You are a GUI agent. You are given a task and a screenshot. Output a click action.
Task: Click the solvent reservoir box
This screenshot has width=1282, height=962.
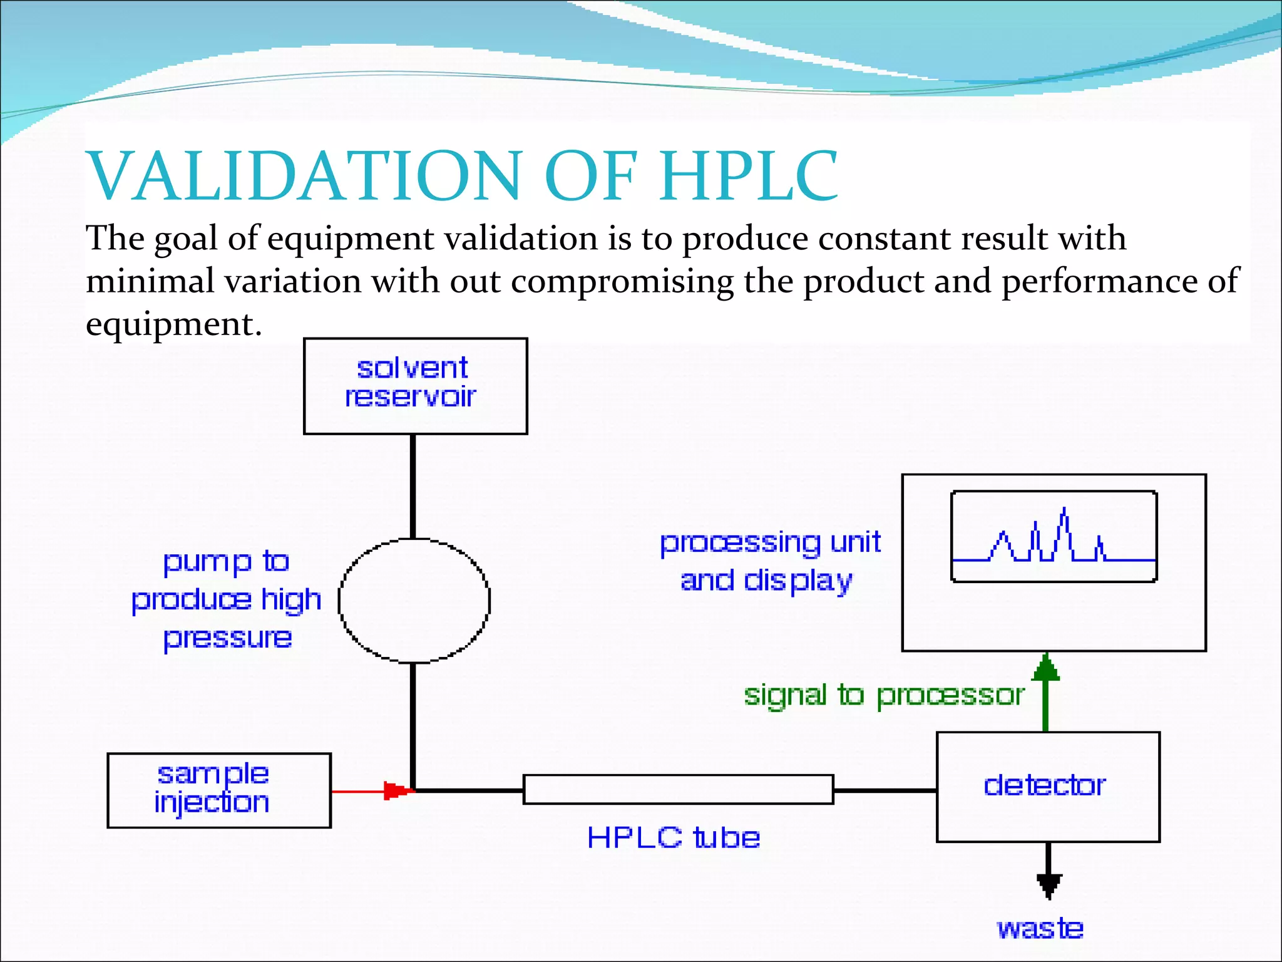click(415, 386)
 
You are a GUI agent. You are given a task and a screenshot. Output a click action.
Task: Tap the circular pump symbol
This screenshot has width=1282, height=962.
click(414, 601)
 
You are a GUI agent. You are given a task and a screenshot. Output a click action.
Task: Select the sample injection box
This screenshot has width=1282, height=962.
click(218, 790)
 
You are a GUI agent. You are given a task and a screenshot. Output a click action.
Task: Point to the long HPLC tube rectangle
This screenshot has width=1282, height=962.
click(678, 789)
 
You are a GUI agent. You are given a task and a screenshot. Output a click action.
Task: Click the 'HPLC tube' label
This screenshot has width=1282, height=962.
click(674, 837)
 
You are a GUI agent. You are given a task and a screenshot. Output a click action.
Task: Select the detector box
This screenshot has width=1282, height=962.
click(1047, 786)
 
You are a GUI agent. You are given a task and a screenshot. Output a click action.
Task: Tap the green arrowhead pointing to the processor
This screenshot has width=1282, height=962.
click(1045, 668)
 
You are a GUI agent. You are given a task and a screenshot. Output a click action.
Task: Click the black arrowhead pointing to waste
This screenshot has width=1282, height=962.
click(1049, 886)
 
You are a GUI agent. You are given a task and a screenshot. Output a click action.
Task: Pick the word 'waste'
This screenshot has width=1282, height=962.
click(1040, 928)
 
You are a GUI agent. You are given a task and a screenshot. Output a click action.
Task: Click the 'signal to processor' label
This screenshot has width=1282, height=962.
click(883, 695)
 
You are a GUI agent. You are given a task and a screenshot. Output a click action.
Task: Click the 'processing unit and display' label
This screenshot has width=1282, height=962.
click(769, 561)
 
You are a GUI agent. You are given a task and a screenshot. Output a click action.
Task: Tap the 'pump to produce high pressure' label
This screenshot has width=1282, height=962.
click(227, 600)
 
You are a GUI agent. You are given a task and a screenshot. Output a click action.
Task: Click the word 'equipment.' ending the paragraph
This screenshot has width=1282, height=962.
click(173, 325)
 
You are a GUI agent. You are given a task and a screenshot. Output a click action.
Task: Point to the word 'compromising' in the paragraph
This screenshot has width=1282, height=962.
click(622, 281)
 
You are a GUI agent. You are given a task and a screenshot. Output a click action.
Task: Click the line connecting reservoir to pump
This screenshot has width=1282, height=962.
click(413, 486)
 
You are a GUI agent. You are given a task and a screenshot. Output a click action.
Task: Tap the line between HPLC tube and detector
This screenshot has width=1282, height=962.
click(885, 790)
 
